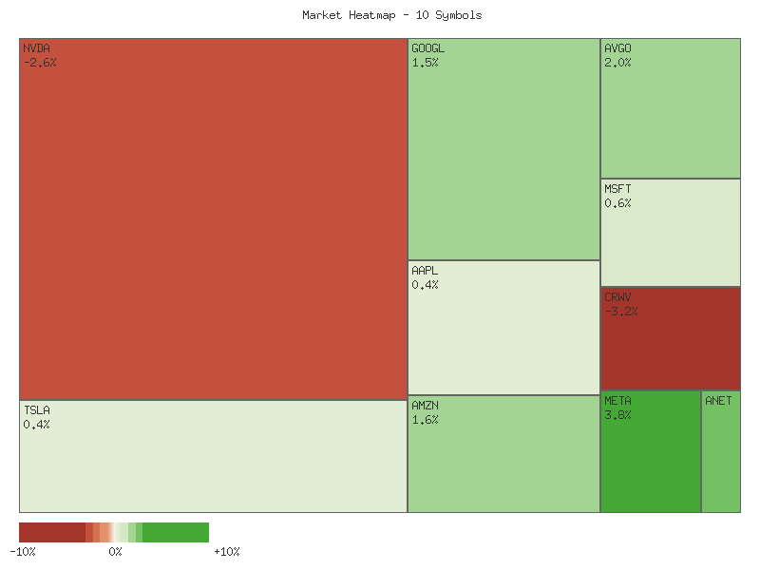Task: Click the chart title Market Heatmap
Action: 392,15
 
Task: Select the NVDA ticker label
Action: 37,48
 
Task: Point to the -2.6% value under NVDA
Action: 40,63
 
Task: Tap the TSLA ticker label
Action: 37,410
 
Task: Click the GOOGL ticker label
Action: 427,48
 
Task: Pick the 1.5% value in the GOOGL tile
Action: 425,63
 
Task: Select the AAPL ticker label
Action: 425,271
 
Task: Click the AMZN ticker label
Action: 425,406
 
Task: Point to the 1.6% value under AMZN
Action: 425,420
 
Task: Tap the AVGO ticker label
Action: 617,48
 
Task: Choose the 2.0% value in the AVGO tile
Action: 617,63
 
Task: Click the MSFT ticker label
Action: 617,189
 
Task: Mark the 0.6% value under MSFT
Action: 617,203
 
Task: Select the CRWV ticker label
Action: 617,297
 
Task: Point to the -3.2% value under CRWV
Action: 621,312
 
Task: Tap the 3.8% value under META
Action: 617,415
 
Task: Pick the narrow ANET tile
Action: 721,456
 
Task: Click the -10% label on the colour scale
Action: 23,552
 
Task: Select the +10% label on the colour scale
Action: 227,552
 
